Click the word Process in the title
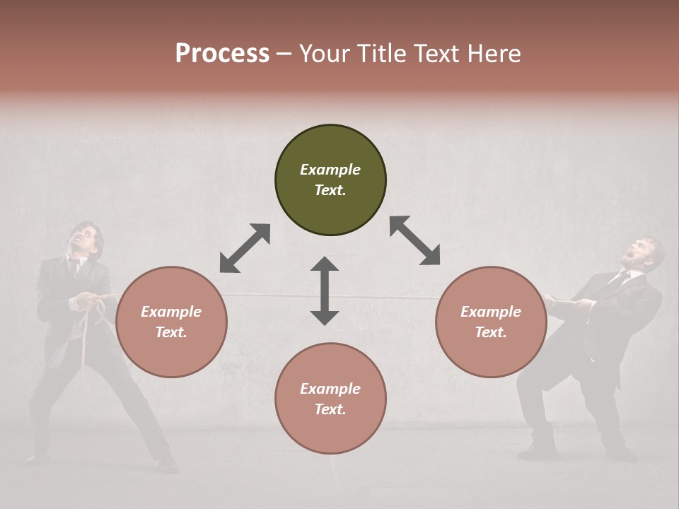tap(222, 54)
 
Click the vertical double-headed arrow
tap(325, 291)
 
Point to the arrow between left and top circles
tap(245, 248)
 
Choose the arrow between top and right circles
tap(414, 240)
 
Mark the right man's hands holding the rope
tap(576, 303)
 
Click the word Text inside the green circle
tap(330, 190)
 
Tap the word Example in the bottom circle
tap(330, 388)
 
